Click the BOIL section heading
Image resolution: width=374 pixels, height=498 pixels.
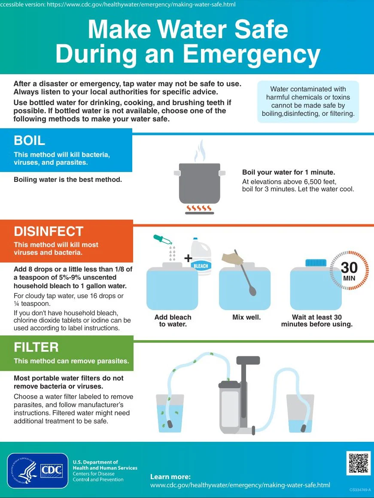[x=30, y=141]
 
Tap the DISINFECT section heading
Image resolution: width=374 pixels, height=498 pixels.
[x=49, y=232]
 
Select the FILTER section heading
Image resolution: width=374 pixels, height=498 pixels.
[x=36, y=347]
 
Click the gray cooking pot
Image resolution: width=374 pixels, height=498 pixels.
[x=199, y=183]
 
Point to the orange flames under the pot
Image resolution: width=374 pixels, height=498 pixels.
[x=199, y=208]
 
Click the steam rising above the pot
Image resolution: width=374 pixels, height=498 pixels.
[x=199, y=150]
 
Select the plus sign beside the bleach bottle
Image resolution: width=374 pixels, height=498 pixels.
[x=188, y=258]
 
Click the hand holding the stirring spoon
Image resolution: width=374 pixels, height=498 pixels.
[x=232, y=258]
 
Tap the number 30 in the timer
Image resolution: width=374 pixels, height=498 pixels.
[x=349, y=268]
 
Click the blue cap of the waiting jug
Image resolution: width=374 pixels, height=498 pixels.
[x=316, y=263]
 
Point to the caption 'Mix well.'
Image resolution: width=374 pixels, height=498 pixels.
[x=246, y=317]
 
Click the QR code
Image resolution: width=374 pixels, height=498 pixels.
[x=358, y=463]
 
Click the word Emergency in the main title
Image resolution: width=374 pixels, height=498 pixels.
[x=252, y=54]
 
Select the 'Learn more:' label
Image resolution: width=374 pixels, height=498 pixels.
[x=170, y=477]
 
